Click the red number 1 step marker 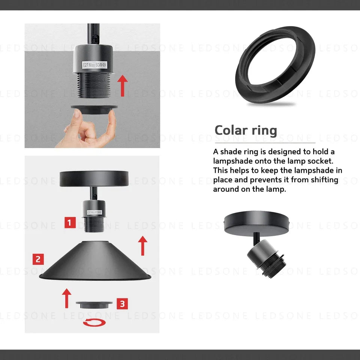70,222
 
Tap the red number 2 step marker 38,259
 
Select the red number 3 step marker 122,304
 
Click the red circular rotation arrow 94,322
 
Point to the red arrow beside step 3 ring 67,298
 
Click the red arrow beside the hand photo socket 122,85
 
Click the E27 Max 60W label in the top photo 94,65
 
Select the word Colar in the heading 231,130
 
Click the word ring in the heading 264,131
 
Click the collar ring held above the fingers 94,109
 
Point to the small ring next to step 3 94,305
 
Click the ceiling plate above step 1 94,178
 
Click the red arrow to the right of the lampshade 142,246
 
